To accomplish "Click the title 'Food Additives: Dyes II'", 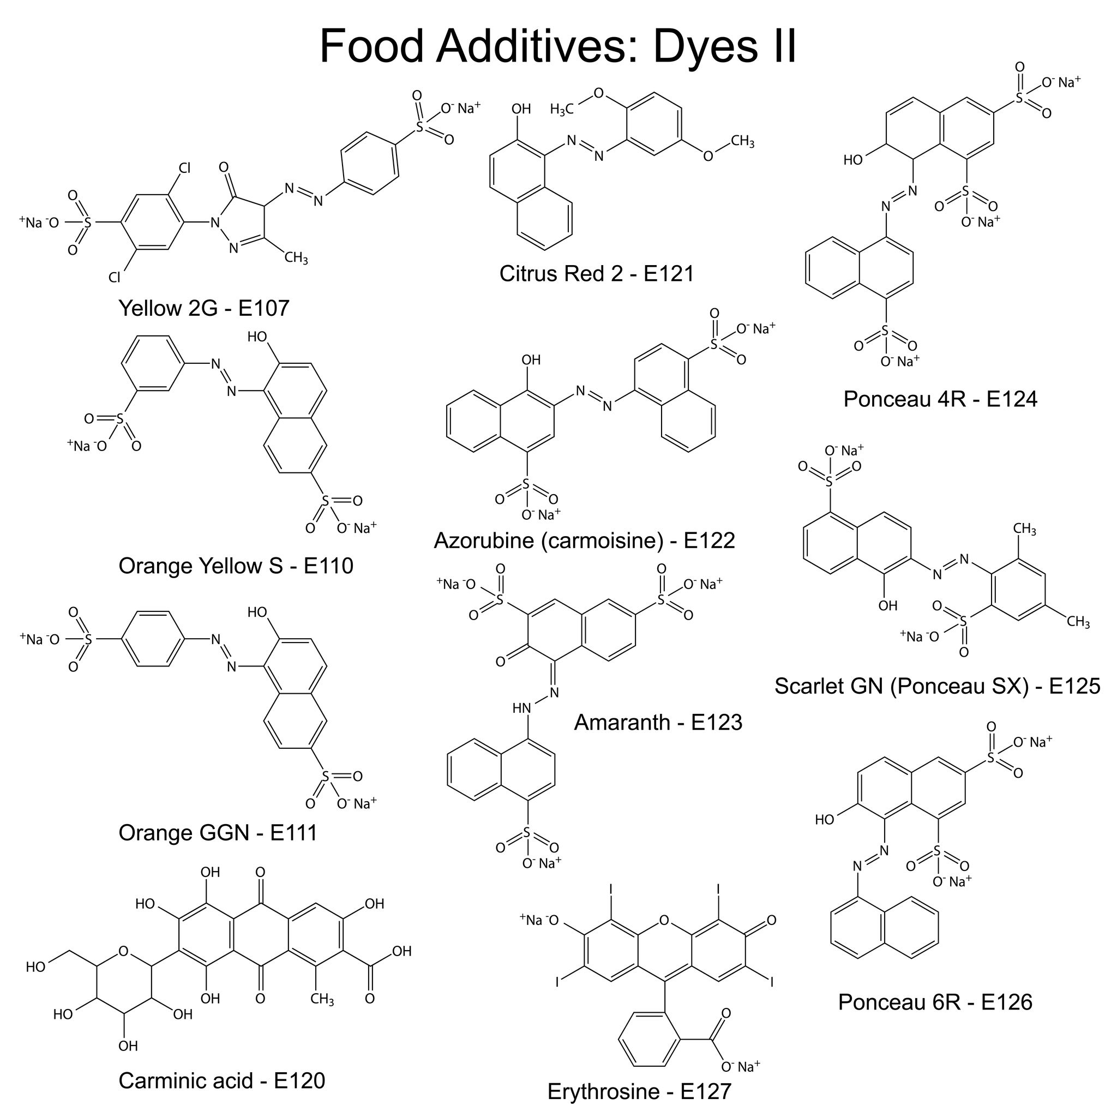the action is (558, 46).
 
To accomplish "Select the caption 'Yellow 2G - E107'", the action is (203, 308).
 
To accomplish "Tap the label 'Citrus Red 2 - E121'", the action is (597, 273).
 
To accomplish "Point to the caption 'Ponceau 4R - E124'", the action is (940, 399).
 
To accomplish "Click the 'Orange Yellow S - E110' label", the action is (236, 566).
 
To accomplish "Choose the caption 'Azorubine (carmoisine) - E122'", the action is (585, 541).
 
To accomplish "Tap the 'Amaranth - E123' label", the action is (658, 722).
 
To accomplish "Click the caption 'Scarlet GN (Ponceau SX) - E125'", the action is (937, 686).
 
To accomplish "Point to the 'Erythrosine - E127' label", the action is (639, 1091).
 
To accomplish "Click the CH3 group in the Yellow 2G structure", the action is (296, 257).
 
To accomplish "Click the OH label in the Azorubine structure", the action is (531, 359).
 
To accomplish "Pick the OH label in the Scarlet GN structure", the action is (887, 605).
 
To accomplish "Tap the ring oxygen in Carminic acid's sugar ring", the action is (123, 951).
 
